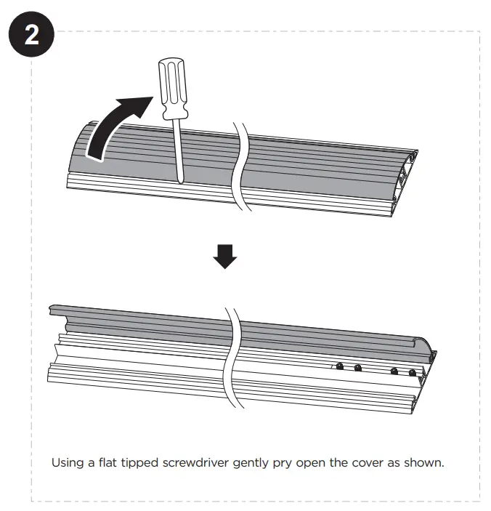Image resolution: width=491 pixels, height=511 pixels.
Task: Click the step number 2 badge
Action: [33, 36]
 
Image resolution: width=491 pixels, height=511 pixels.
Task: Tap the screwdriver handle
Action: [173, 89]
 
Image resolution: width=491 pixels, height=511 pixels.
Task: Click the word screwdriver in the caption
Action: [198, 462]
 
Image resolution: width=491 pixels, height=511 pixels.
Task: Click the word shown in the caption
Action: [424, 462]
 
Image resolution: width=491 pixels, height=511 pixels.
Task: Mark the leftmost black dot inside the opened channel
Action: [339, 368]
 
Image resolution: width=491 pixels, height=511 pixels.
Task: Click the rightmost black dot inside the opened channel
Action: [413, 373]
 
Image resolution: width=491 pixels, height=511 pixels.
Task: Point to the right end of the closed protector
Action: [407, 178]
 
